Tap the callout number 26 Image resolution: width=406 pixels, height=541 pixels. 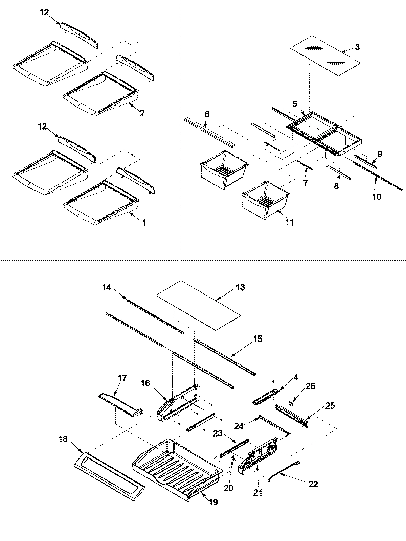(x=310, y=386)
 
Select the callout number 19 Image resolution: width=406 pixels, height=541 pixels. (x=213, y=502)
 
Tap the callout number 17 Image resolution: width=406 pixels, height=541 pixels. (x=122, y=378)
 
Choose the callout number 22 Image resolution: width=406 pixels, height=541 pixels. (x=313, y=484)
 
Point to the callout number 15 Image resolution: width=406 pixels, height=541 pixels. (x=257, y=339)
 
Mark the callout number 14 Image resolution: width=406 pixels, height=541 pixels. (x=107, y=287)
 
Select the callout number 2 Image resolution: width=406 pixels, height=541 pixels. (x=142, y=114)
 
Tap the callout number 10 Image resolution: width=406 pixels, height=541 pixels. (x=376, y=196)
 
